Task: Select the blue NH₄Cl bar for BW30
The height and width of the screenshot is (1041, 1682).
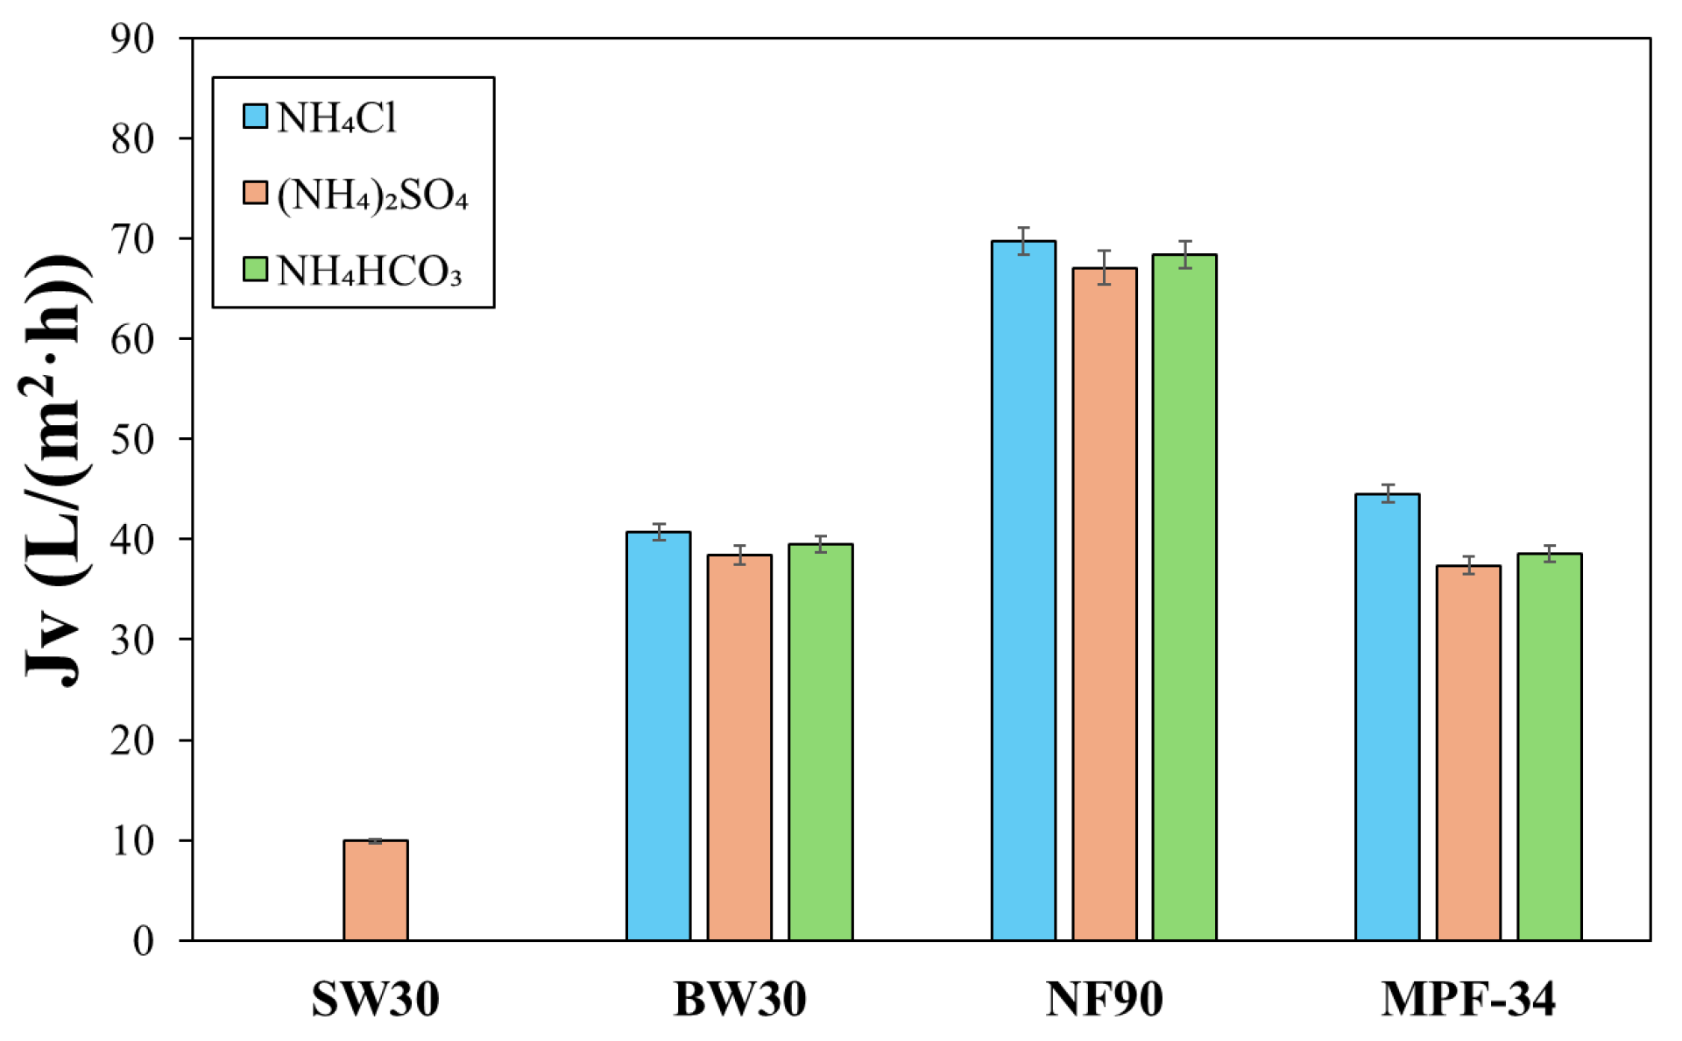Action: (x=658, y=736)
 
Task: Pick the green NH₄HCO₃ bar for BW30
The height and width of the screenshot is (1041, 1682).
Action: (x=820, y=742)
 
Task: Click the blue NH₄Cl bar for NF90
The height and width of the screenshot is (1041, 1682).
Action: (x=1023, y=591)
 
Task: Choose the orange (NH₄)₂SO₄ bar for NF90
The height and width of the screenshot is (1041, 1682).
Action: (x=1104, y=605)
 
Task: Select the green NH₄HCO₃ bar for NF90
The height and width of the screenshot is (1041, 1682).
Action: (x=1184, y=598)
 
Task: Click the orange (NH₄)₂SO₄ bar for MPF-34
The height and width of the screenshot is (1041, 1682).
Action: (x=1468, y=753)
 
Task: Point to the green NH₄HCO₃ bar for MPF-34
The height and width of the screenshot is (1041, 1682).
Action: (x=1549, y=747)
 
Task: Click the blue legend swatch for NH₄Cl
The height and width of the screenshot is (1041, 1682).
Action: (x=255, y=117)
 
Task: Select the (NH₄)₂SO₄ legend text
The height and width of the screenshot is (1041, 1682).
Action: (x=372, y=195)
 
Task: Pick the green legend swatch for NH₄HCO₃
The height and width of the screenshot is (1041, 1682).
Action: (x=255, y=269)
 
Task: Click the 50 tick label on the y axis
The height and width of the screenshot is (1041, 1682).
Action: (x=132, y=439)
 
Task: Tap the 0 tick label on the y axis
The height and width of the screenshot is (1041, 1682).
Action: (x=143, y=941)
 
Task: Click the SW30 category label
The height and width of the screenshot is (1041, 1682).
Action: (x=375, y=999)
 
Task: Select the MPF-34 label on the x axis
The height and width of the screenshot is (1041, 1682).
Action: (x=1468, y=999)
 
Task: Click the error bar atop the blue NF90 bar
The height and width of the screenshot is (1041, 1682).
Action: (x=1023, y=240)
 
